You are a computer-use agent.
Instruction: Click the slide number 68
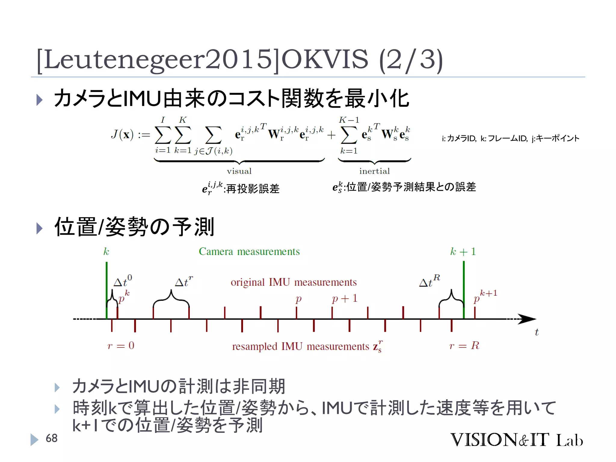click(x=51, y=438)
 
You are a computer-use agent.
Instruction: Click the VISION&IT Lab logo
click(x=516, y=440)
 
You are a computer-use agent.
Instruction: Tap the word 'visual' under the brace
click(x=239, y=171)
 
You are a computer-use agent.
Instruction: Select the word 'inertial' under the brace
click(x=374, y=171)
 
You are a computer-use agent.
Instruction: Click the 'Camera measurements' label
click(x=249, y=251)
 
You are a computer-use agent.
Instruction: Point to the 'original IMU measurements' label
click(x=294, y=282)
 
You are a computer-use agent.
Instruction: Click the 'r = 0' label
click(x=121, y=345)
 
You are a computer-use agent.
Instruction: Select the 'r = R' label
click(x=464, y=345)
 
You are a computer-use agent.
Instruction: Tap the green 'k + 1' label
click(x=463, y=251)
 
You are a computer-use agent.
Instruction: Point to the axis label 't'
click(x=537, y=332)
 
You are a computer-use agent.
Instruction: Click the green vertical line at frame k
click(x=106, y=289)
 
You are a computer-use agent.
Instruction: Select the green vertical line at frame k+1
click(x=464, y=289)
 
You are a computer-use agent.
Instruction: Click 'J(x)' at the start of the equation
click(x=122, y=134)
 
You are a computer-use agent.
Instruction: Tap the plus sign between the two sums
click(x=331, y=135)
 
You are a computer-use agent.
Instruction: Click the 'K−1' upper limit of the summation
click(x=349, y=120)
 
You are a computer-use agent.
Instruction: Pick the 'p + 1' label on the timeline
click(x=344, y=298)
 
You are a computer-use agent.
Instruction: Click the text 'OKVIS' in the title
click(x=325, y=59)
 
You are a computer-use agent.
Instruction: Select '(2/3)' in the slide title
click(x=411, y=60)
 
